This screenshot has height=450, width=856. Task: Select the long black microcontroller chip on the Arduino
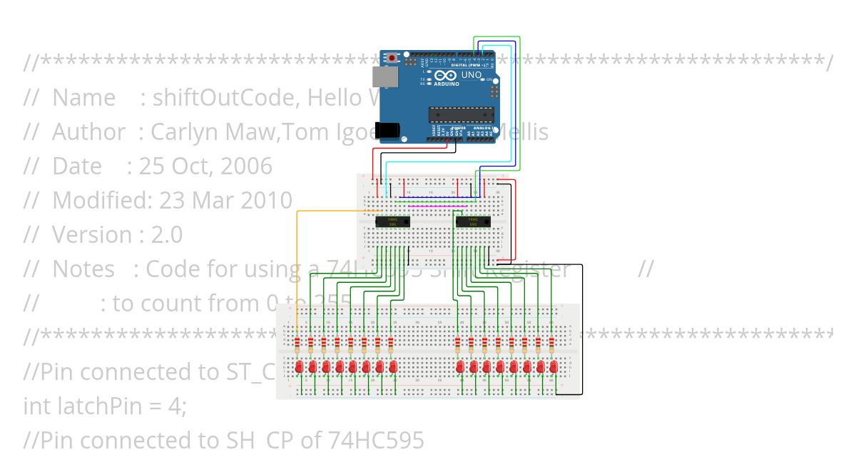461,114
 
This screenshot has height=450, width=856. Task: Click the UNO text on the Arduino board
472,75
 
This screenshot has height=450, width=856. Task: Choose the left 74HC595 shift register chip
392,222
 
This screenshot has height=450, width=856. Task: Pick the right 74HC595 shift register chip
472,222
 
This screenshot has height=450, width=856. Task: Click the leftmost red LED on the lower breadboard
298,367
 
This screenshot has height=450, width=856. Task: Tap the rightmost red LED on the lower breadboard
554,367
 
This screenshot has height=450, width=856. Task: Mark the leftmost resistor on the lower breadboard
297,346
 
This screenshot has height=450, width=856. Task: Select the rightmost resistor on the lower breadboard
551,346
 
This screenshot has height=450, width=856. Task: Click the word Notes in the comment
83,269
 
